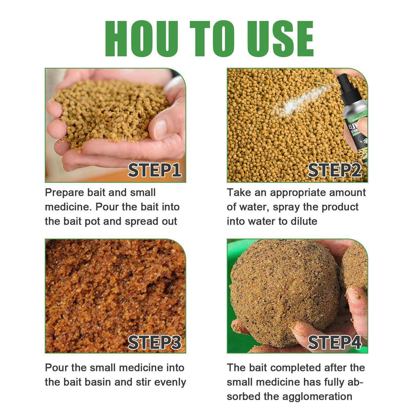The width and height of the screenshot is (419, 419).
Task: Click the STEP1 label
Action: (154, 170)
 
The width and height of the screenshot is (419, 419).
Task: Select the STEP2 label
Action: (335, 170)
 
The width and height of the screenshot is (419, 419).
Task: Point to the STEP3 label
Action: (154, 342)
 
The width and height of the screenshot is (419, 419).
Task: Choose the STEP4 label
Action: (335, 342)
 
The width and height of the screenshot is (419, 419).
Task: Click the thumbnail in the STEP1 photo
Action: (160, 129)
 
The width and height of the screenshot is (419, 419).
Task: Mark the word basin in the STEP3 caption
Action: (106, 382)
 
